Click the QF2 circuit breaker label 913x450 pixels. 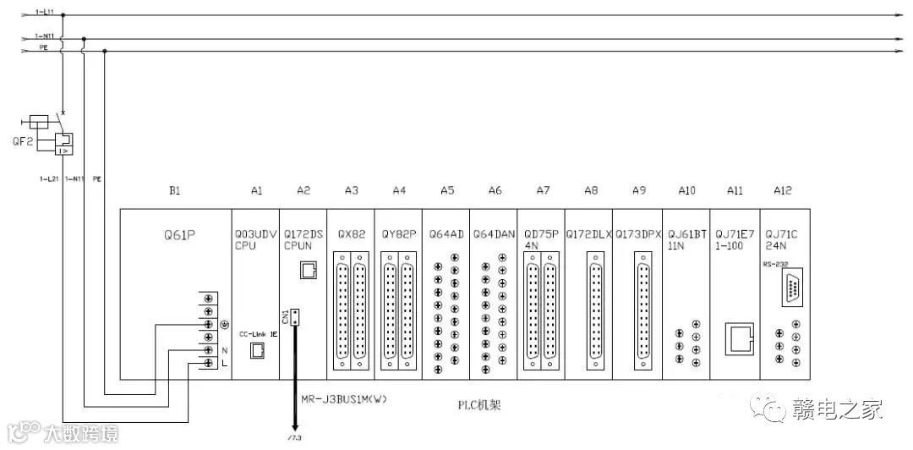click(22, 142)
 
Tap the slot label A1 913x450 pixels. click(257, 191)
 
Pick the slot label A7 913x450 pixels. click(543, 191)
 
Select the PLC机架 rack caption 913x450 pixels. click(479, 405)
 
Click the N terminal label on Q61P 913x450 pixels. click(224, 349)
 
